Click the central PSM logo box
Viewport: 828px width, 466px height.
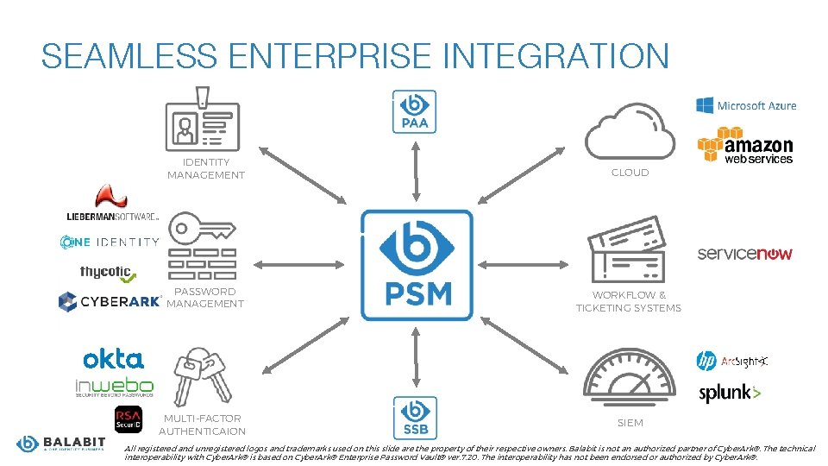pos(417,262)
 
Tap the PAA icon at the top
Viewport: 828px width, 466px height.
pos(415,111)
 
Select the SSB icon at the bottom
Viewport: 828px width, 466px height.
pos(415,417)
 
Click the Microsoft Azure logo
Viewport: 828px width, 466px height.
pos(746,105)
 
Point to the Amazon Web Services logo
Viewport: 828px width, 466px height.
pos(745,145)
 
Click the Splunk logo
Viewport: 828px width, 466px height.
pos(730,394)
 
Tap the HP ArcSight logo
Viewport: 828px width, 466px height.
pos(732,361)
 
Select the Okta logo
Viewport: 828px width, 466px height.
pos(113,359)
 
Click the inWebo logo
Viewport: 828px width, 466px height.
pos(114,387)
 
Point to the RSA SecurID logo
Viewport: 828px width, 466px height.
pos(129,419)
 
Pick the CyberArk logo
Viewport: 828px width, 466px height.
pos(109,301)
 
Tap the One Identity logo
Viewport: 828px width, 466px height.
pos(110,242)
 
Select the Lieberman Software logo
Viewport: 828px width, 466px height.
pos(112,207)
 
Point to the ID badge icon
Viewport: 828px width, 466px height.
pos(203,120)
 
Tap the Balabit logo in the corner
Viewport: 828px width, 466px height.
pos(60,444)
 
